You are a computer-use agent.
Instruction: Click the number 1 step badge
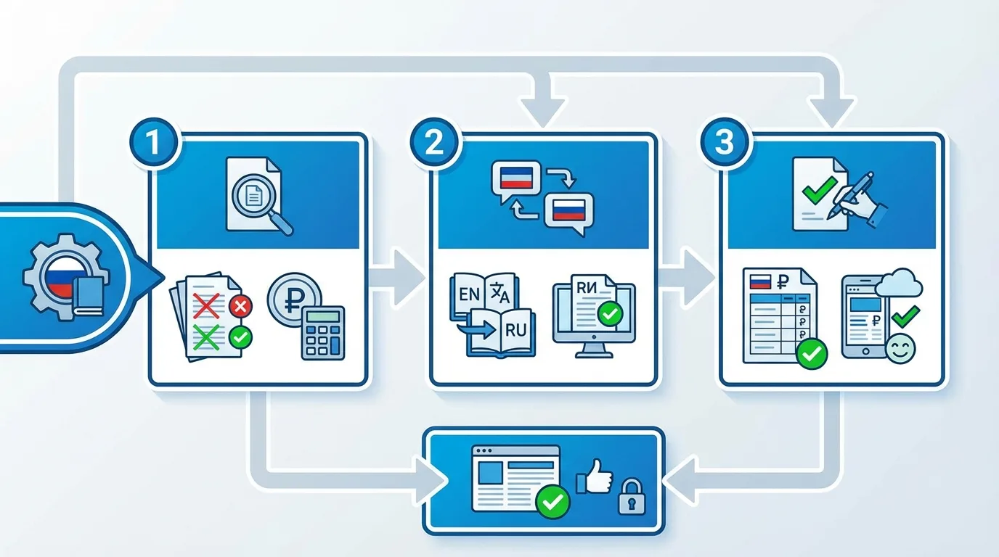pos(153,142)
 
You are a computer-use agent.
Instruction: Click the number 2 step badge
pos(434,142)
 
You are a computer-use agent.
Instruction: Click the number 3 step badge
pos(724,142)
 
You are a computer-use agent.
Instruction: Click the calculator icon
pos(323,332)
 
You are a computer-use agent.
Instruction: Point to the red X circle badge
pos(240,308)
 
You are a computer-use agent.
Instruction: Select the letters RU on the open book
pos(515,329)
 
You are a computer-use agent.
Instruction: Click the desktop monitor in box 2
pos(593,317)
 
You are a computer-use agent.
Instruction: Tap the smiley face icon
pos(901,347)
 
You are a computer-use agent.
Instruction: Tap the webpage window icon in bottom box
pos(516,477)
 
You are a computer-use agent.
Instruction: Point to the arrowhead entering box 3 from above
pos(831,112)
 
